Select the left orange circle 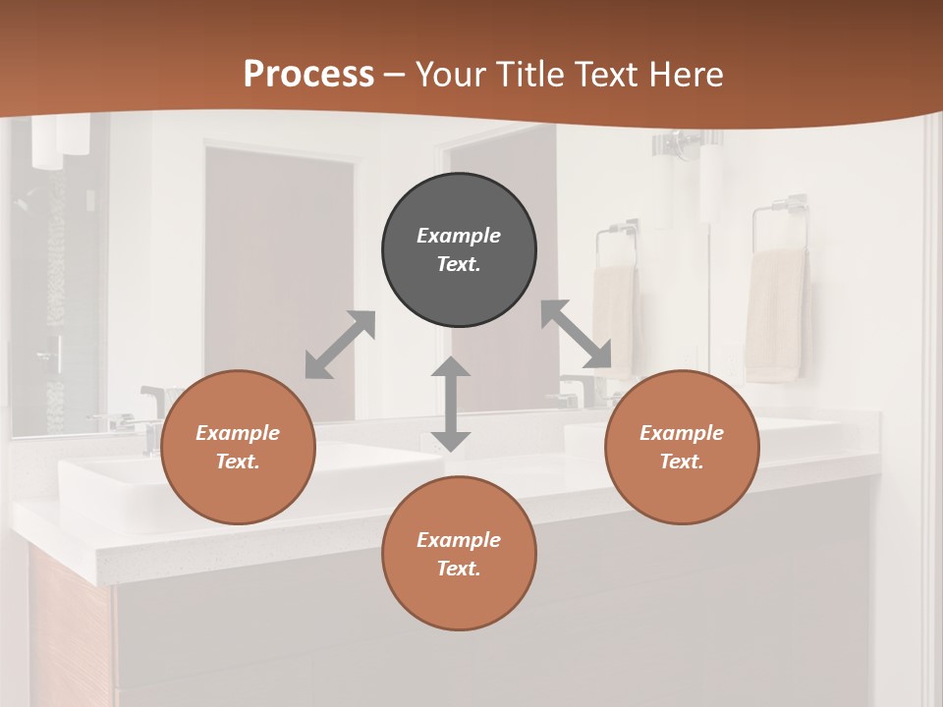click(238, 447)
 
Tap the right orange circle click(682, 447)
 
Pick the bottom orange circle click(459, 554)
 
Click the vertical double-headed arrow click(451, 404)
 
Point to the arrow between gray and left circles click(340, 345)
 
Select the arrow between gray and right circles click(576, 334)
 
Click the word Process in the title click(308, 74)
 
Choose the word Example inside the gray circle click(459, 236)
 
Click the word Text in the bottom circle click(458, 569)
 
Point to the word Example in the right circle click(682, 433)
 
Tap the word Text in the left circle click(238, 462)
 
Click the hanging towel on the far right click(775, 314)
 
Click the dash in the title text click(395, 75)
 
